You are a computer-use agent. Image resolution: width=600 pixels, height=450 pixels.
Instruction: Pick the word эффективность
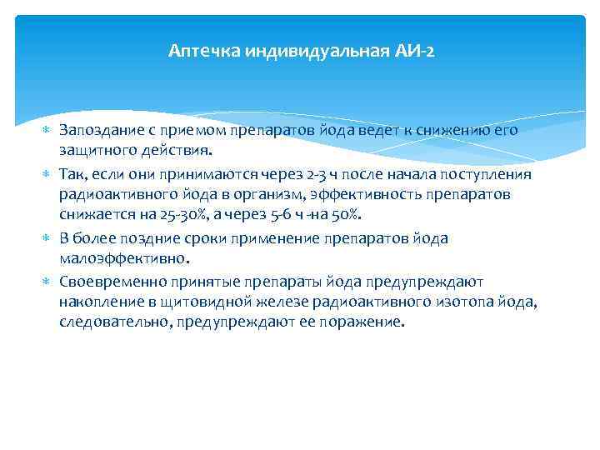pyautogui.click(x=405, y=195)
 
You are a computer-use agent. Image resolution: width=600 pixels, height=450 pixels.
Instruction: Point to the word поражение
pyautogui.click(x=361, y=322)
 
